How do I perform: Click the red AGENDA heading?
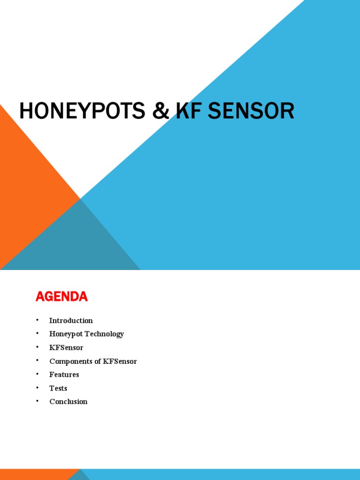coord(61,297)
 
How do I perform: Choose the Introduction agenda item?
coord(71,321)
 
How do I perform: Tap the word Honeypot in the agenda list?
coord(65,334)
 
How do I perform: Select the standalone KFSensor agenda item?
coord(66,348)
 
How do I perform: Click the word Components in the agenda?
coord(70,361)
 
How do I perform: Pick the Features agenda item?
coord(64,375)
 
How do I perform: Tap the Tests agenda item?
coord(58,388)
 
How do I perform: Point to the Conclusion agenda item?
coord(68,402)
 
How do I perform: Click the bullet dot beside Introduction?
coord(37,320)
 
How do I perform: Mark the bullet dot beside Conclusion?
coord(37,401)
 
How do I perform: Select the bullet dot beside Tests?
coord(37,388)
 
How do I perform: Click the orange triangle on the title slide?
coord(28,187)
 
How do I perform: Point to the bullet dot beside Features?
coord(37,374)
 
